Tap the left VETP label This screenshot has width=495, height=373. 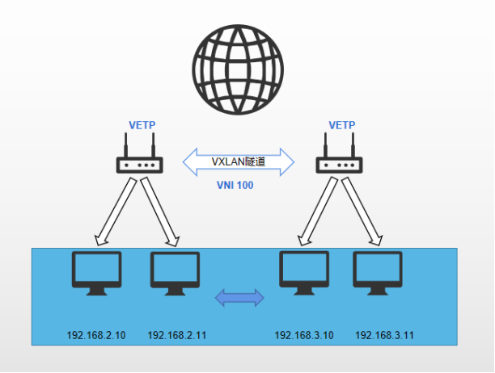coord(142,125)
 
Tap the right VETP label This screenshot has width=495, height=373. coord(342,125)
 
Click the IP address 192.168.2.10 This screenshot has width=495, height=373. coord(96,334)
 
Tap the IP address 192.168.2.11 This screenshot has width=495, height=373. coord(177,334)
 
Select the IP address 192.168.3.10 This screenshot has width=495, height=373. coord(304,334)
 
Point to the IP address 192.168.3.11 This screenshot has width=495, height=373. coord(384,334)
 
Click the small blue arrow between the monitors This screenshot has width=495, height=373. coord(239,298)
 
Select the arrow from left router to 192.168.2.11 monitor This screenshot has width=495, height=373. coord(160,209)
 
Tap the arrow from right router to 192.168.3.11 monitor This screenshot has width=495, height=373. coord(362,209)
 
